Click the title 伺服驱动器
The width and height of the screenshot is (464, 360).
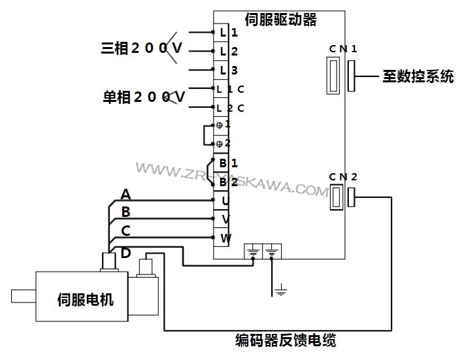click(x=280, y=20)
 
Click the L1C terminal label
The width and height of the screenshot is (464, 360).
click(x=230, y=89)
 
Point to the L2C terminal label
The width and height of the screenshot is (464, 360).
click(x=230, y=108)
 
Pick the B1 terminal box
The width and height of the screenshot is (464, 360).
click(x=224, y=163)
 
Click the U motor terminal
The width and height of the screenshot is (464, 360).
click(x=224, y=200)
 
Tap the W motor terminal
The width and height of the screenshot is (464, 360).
click(x=224, y=238)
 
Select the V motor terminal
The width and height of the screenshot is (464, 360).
click(x=224, y=219)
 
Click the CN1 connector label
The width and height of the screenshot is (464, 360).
click(x=342, y=49)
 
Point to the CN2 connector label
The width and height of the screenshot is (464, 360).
click(x=342, y=176)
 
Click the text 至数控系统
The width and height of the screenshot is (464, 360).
click(x=418, y=76)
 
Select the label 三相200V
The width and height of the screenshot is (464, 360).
click(x=141, y=48)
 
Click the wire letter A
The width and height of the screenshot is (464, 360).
click(x=126, y=194)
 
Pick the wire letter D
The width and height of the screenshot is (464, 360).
click(x=126, y=252)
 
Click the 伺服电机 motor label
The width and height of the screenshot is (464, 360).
click(x=86, y=300)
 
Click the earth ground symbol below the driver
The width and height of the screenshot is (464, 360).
click(x=281, y=289)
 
